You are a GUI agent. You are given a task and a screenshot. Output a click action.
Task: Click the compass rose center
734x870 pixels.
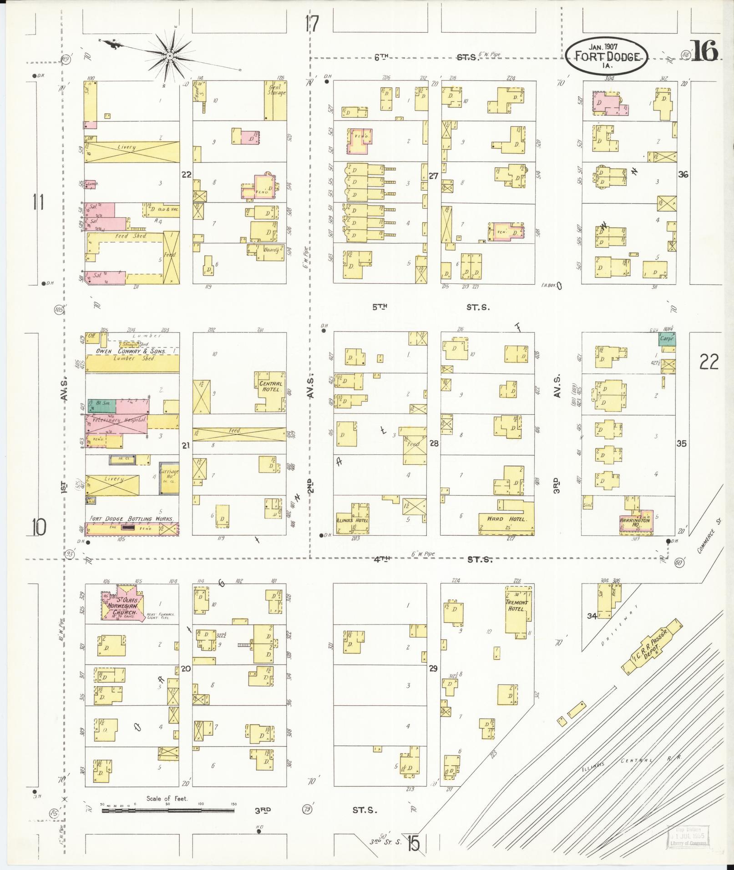pyautogui.click(x=169, y=56)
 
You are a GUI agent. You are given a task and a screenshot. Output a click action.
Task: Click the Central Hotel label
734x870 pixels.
pyautogui.click(x=270, y=387)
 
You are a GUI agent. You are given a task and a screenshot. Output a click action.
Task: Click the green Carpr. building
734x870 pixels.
pyautogui.click(x=667, y=338)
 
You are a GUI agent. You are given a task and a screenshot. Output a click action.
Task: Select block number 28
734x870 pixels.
pyautogui.click(x=433, y=443)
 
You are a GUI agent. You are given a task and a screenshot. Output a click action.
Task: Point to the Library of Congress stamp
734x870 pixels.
pyautogui.click(x=688, y=836)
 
